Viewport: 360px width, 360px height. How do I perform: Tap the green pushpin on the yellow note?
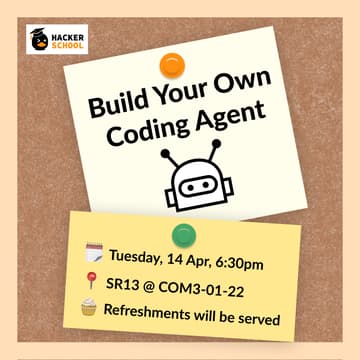(x=183, y=235)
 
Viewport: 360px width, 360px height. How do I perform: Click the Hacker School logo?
(x=57, y=39)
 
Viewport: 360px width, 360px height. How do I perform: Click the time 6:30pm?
(x=238, y=263)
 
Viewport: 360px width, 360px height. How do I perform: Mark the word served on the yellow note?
(x=258, y=322)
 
